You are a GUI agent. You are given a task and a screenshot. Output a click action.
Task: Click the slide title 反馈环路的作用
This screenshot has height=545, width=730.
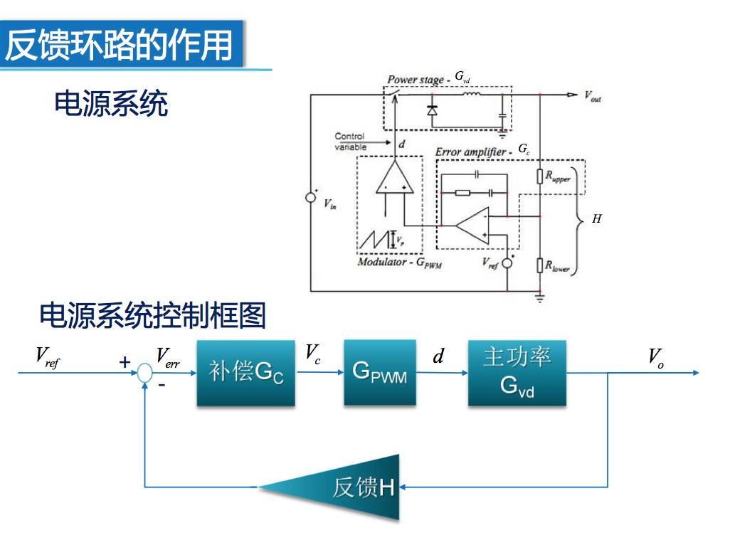[120, 45]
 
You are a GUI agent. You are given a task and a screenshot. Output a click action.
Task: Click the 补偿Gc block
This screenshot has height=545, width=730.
[245, 372]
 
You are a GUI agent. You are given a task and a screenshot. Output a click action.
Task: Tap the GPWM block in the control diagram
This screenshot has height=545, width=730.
[379, 372]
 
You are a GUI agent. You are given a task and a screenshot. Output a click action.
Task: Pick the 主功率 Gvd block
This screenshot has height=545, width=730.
[517, 372]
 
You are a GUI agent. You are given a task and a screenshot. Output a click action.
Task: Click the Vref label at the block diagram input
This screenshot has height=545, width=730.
[48, 357]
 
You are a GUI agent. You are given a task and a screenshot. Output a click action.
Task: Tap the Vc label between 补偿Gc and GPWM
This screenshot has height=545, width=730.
[313, 353]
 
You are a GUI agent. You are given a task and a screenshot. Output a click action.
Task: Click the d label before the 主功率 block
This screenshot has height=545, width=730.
[438, 356]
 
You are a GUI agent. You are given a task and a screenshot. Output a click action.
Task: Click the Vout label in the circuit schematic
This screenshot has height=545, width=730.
[592, 97]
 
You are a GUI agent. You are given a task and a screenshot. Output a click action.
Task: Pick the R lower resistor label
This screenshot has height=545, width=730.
[557, 266]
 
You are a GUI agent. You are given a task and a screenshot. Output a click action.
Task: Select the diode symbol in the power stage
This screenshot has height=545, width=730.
[431, 110]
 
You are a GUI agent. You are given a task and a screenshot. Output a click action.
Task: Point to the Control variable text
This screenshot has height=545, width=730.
[350, 141]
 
